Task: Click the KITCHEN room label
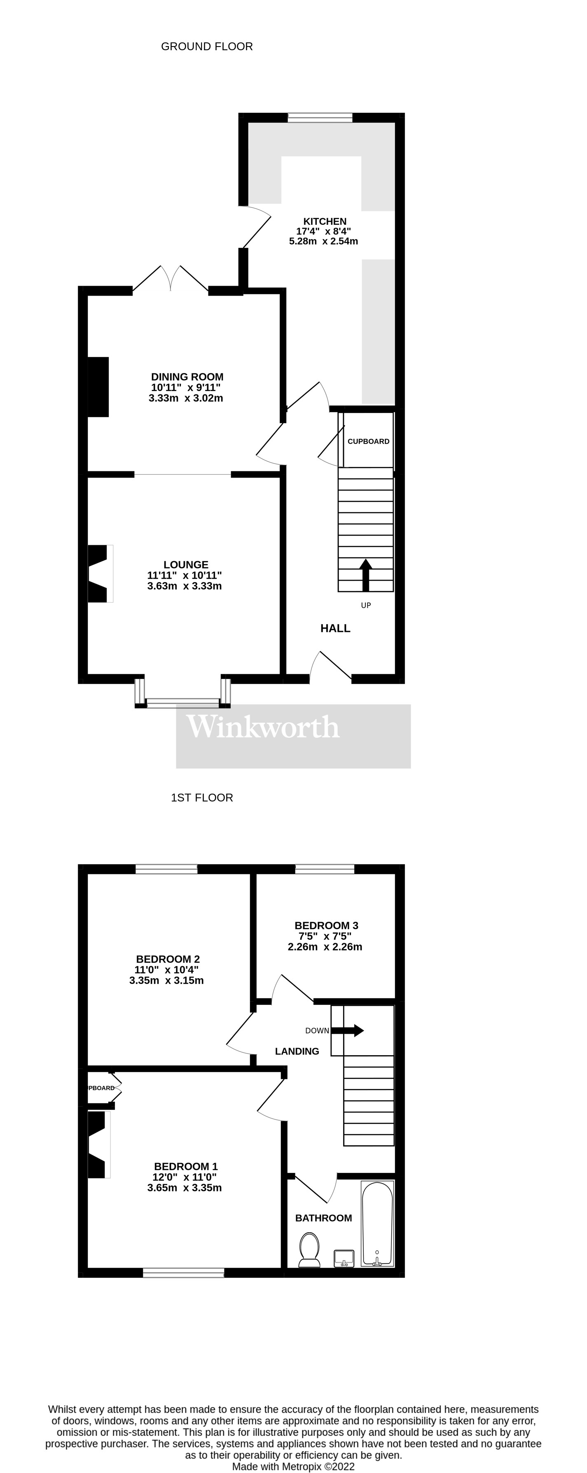(x=325, y=221)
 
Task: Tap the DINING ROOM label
(x=187, y=377)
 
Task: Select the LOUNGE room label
(x=185, y=564)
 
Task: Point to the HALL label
(x=335, y=628)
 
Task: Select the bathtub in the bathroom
(x=377, y=1223)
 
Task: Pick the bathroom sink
(x=344, y=1258)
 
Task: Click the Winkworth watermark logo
(x=263, y=727)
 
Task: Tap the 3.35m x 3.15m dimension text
(x=166, y=980)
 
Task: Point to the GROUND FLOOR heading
(x=206, y=47)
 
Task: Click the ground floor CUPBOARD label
(x=368, y=441)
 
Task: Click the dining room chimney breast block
(x=98, y=387)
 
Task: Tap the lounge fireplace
(x=98, y=573)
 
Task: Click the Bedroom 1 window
(x=184, y=1272)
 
